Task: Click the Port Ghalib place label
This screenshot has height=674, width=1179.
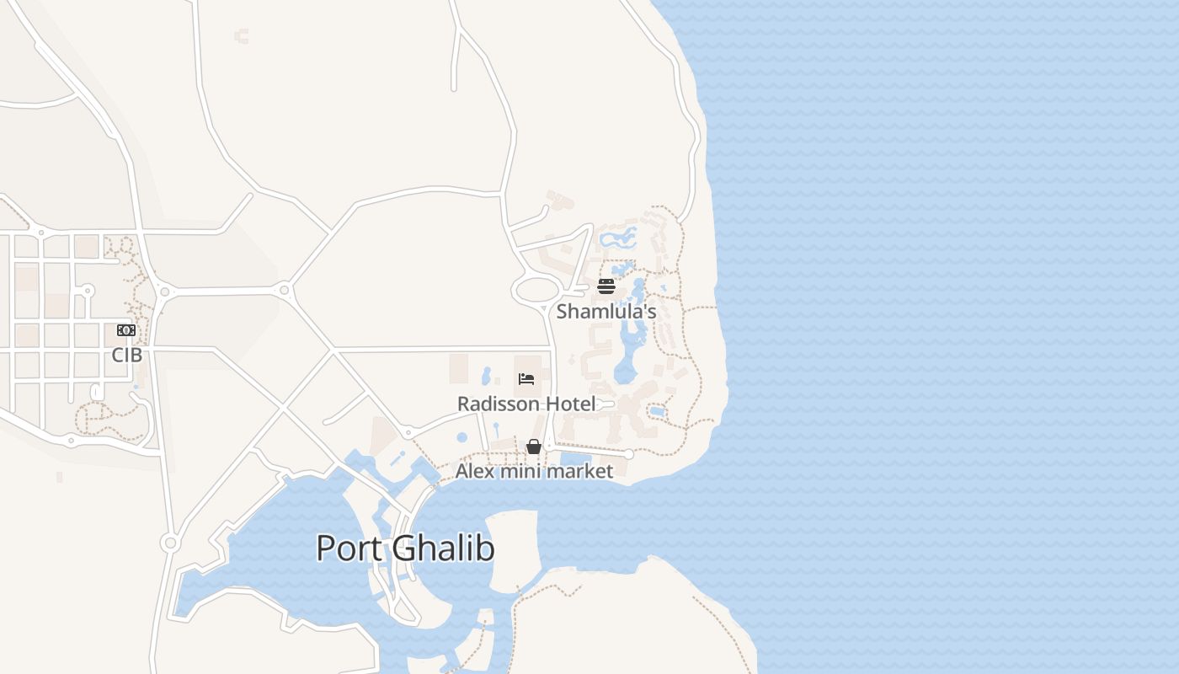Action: coord(405,548)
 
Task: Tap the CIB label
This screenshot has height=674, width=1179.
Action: coord(126,356)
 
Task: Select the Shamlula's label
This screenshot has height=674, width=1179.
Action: coord(606,312)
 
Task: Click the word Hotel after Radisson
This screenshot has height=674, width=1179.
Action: coord(570,404)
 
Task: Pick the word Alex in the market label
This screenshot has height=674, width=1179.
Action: coord(475,471)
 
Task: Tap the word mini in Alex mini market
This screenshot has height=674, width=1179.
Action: coord(520,471)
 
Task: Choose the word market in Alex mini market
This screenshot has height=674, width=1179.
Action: coord(580,471)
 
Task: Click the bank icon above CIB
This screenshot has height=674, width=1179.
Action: coord(126,330)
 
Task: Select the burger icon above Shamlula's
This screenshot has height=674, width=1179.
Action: coord(606,287)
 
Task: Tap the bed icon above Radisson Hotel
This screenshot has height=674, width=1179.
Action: coord(526,379)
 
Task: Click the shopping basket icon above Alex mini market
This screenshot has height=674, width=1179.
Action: coord(534,447)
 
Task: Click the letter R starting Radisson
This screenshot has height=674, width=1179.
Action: coord(463,404)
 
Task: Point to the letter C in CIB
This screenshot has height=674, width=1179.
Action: coord(117,356)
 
